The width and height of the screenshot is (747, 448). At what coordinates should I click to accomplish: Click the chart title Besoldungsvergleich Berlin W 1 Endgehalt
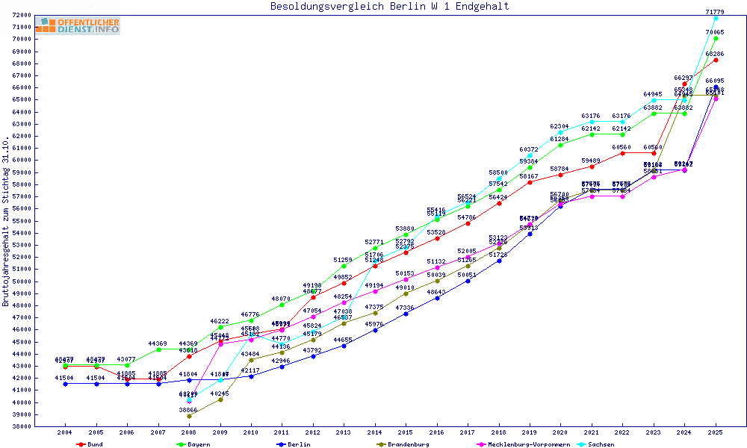tap(389, 7)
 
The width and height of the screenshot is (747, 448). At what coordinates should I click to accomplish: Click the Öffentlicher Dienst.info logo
tap(78, 26)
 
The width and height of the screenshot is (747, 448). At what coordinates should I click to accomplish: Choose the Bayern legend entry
tap(199, 444)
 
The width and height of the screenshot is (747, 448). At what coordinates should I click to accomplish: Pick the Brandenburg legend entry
tap(408, 444)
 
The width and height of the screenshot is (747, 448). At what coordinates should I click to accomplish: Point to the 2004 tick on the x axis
tap(65, 433)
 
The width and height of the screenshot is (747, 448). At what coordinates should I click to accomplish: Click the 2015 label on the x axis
tap(406, 433)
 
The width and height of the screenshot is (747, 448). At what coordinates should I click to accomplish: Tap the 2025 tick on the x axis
tap(716, 433)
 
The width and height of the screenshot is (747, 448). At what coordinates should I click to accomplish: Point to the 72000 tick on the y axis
tap(21, 15)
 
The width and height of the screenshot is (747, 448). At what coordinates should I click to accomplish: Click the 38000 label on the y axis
tap(21, 426)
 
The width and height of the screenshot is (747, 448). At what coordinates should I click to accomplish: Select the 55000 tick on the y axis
tap(21, 221)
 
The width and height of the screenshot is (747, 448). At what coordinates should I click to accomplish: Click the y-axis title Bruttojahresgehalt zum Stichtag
tap(7, 221)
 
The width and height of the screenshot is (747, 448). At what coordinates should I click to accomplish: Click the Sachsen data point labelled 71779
tap(716, 18)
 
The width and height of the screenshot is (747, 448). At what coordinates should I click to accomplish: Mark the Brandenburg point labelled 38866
tap(189, 416)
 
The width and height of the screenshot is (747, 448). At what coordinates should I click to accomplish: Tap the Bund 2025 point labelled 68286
tap(716, 60)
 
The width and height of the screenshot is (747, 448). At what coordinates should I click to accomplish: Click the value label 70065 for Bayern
tap(716, 32)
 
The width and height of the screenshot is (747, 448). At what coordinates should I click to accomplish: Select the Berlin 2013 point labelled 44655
tap(344, 346)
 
